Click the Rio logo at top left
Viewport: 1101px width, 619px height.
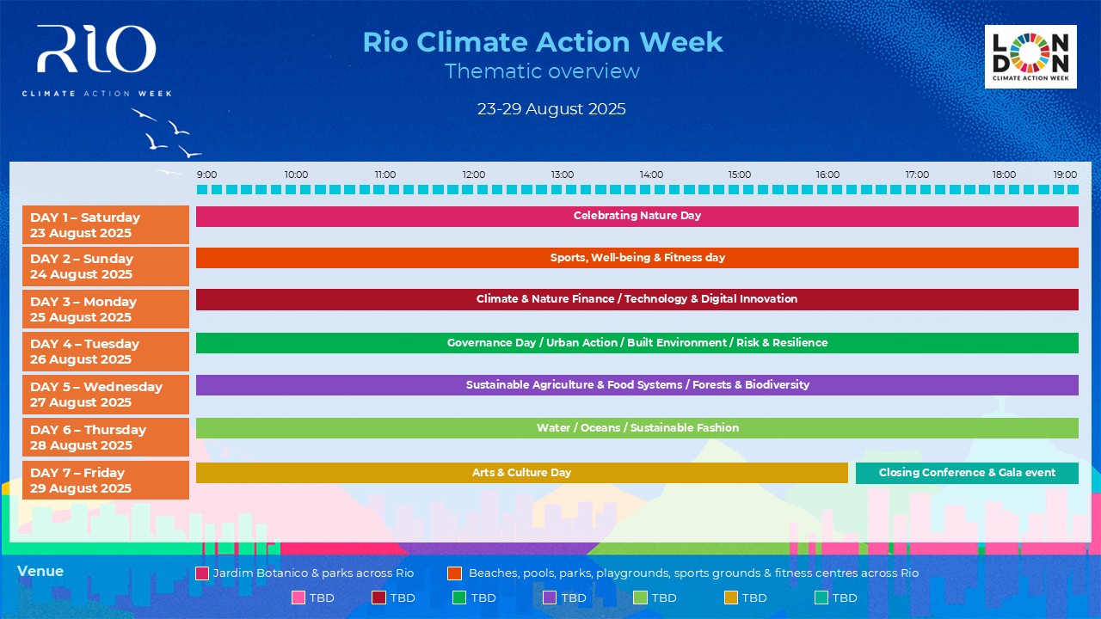point(97,60)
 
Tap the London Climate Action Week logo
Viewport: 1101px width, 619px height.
point(1030,57)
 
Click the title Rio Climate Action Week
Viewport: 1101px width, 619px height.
point(543,42)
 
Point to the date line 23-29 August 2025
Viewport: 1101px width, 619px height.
point(551,108)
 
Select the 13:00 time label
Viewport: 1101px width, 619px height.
point(562,175)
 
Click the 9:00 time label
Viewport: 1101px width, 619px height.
point(206,175)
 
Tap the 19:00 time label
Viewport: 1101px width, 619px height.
point(1065,175)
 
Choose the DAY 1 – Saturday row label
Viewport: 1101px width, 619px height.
point(106,224)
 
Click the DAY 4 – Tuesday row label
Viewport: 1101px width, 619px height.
point(106,352)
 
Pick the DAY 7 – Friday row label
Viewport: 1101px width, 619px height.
point(106,480)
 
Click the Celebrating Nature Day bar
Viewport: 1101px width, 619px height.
point(637,216)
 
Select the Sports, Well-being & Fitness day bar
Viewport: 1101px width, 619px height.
point(637,258)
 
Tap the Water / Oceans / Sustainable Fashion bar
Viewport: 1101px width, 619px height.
point(637,428)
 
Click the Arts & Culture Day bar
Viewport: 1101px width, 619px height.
point(522,473)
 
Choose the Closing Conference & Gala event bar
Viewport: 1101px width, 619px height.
point(967,473)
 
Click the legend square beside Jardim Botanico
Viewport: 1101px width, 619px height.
point(202,573)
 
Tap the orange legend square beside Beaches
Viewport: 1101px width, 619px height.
point(455,573)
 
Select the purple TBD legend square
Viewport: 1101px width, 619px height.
point(550,598)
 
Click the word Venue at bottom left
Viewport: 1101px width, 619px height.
point(40,571)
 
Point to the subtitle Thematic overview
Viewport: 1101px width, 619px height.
point(542,71)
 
